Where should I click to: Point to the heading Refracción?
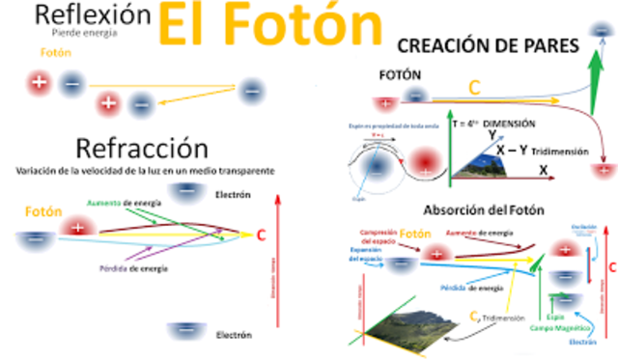click(x=141, y=149)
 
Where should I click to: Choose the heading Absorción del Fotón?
click(x=482, y=210)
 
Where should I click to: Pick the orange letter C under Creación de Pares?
click(x=474, y=88)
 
